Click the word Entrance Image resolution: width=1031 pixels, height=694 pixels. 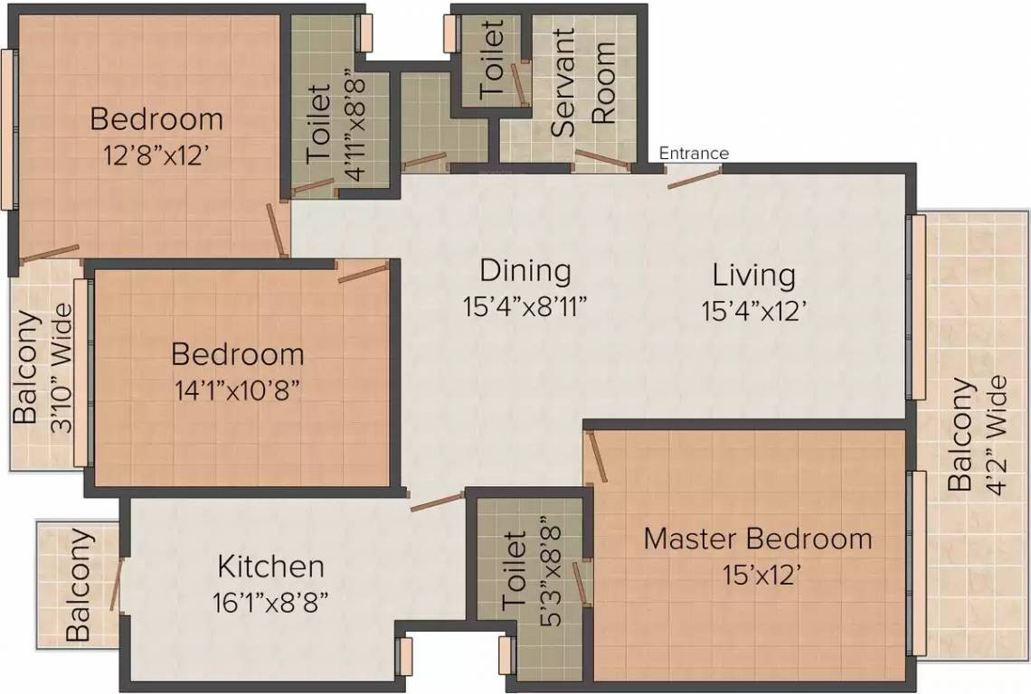coord(694,153)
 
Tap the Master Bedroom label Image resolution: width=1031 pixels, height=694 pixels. coord(758,539)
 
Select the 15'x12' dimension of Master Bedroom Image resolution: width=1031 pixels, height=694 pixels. coord(760,575)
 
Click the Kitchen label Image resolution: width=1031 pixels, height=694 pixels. coord(270,567)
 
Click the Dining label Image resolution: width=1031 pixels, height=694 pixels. coord(525,270)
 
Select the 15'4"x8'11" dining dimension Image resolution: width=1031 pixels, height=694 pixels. coord(525,305)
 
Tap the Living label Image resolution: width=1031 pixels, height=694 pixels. coord(753,274)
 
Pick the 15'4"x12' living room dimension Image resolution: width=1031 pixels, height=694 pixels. coord(753,310)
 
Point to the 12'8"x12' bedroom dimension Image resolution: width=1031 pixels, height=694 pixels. coord(156,155)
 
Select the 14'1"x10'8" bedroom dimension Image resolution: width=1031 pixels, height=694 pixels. coord(237,389)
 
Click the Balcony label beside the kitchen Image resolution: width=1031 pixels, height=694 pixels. coord(79,585)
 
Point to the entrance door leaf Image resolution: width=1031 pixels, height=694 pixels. coord(694,177)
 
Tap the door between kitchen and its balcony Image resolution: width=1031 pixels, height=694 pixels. coord(116,583)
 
